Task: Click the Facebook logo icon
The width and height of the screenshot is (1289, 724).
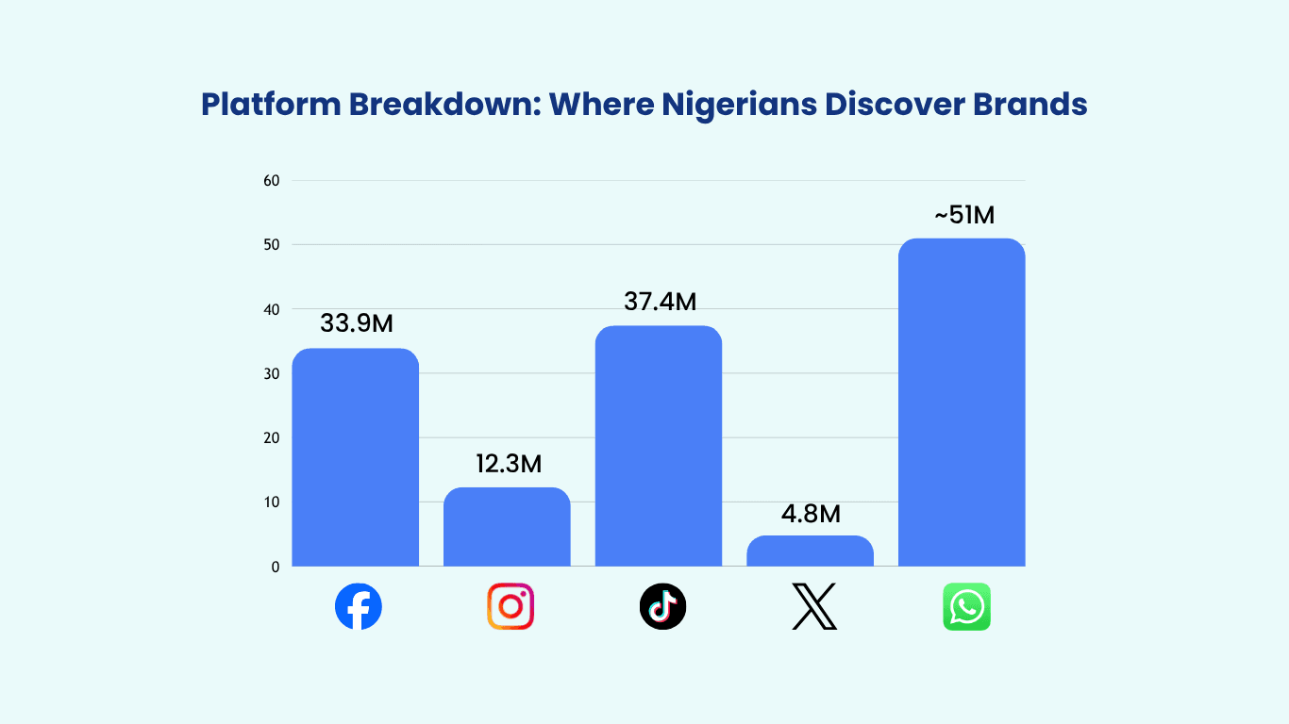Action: (x=359, y=606)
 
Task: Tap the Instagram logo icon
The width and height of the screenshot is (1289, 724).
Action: (x=511, y=606)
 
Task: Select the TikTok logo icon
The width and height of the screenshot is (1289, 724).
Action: (x=662, y=606)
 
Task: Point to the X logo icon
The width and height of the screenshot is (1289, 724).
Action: (x=813, y=606)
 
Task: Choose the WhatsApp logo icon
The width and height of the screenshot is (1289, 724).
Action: (x=966, y=606)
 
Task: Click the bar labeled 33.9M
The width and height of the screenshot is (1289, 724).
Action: (x=356, y=457)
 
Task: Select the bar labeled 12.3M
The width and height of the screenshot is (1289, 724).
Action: (x=507, y=527)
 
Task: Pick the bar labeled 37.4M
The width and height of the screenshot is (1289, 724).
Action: (x=659, y=446)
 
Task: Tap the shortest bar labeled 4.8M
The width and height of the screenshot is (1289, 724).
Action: (x=810, y=551)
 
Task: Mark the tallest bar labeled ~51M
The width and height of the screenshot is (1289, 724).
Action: (x=962, y=403)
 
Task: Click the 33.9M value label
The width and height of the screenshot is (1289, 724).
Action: (x=357, y=323)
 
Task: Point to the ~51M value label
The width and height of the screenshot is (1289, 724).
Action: (x=964, y=215)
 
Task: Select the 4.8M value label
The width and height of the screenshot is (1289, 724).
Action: (x=811, y=515)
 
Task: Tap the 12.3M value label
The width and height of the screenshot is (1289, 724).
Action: (x=510, y=464)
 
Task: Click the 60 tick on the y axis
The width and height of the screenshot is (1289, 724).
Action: (x=272, y=180)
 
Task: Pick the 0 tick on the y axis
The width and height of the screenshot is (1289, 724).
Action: (x=276, y=567)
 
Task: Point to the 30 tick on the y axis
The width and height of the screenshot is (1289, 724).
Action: (x=272, y=373)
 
